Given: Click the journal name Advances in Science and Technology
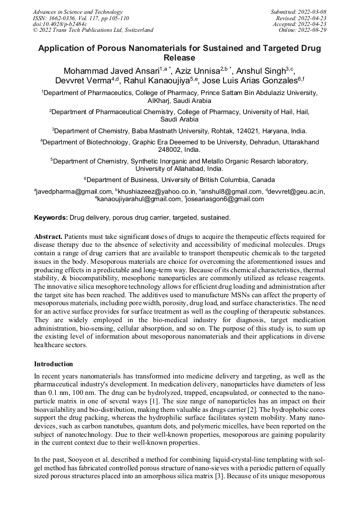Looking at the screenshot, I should click(78, 12).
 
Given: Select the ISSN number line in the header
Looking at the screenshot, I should click(81, 18).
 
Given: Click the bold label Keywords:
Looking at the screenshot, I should click(51, 218).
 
